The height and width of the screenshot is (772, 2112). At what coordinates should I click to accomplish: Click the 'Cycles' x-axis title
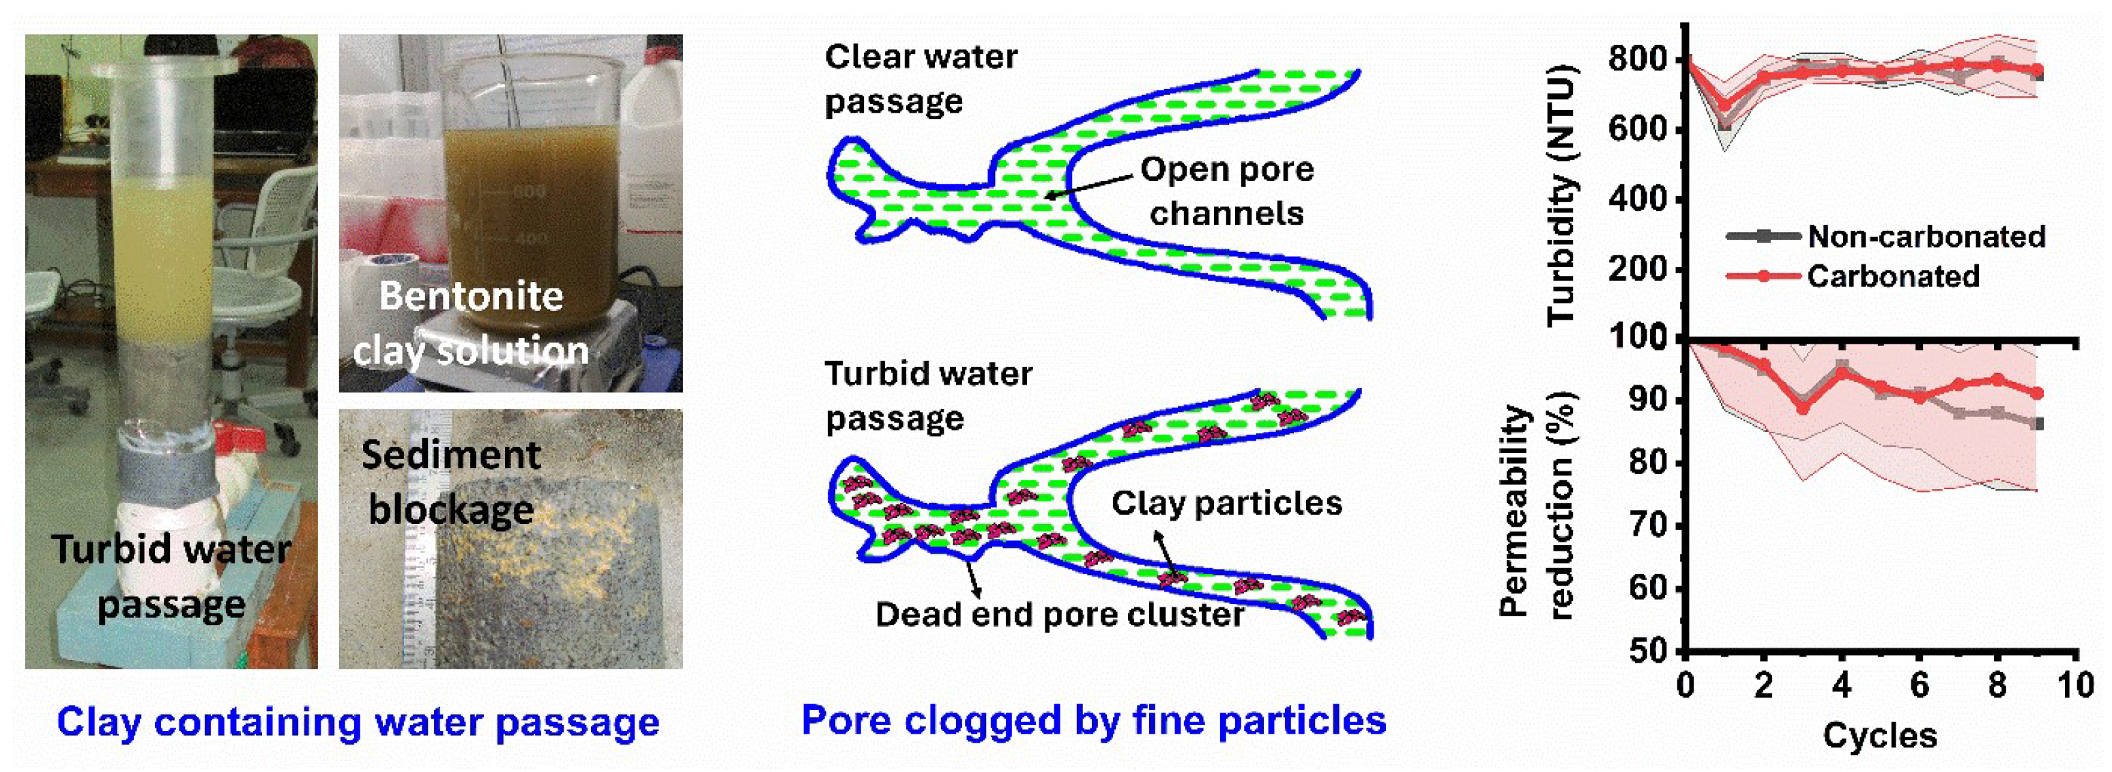point(1879,735)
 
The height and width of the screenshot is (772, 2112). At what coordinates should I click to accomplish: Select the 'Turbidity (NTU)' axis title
point(1563,195)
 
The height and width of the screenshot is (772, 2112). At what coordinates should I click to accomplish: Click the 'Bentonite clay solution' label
point(472,322)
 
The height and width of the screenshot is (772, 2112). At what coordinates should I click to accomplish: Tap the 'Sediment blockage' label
point(451,482)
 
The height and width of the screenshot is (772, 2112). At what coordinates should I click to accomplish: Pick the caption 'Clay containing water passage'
point(358,722)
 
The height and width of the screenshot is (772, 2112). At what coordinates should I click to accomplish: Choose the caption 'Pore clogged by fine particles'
point(1093,720)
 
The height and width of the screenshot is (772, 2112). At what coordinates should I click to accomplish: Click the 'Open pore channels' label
point(1226,191)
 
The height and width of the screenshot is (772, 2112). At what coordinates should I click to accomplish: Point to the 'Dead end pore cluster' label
point(1059,614)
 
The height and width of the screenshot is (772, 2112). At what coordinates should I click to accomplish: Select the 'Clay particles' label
point(1226,503)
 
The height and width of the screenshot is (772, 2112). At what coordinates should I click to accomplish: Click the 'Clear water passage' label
point(920,79)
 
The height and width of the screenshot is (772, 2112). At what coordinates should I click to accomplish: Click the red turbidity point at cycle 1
point(1724,105)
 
